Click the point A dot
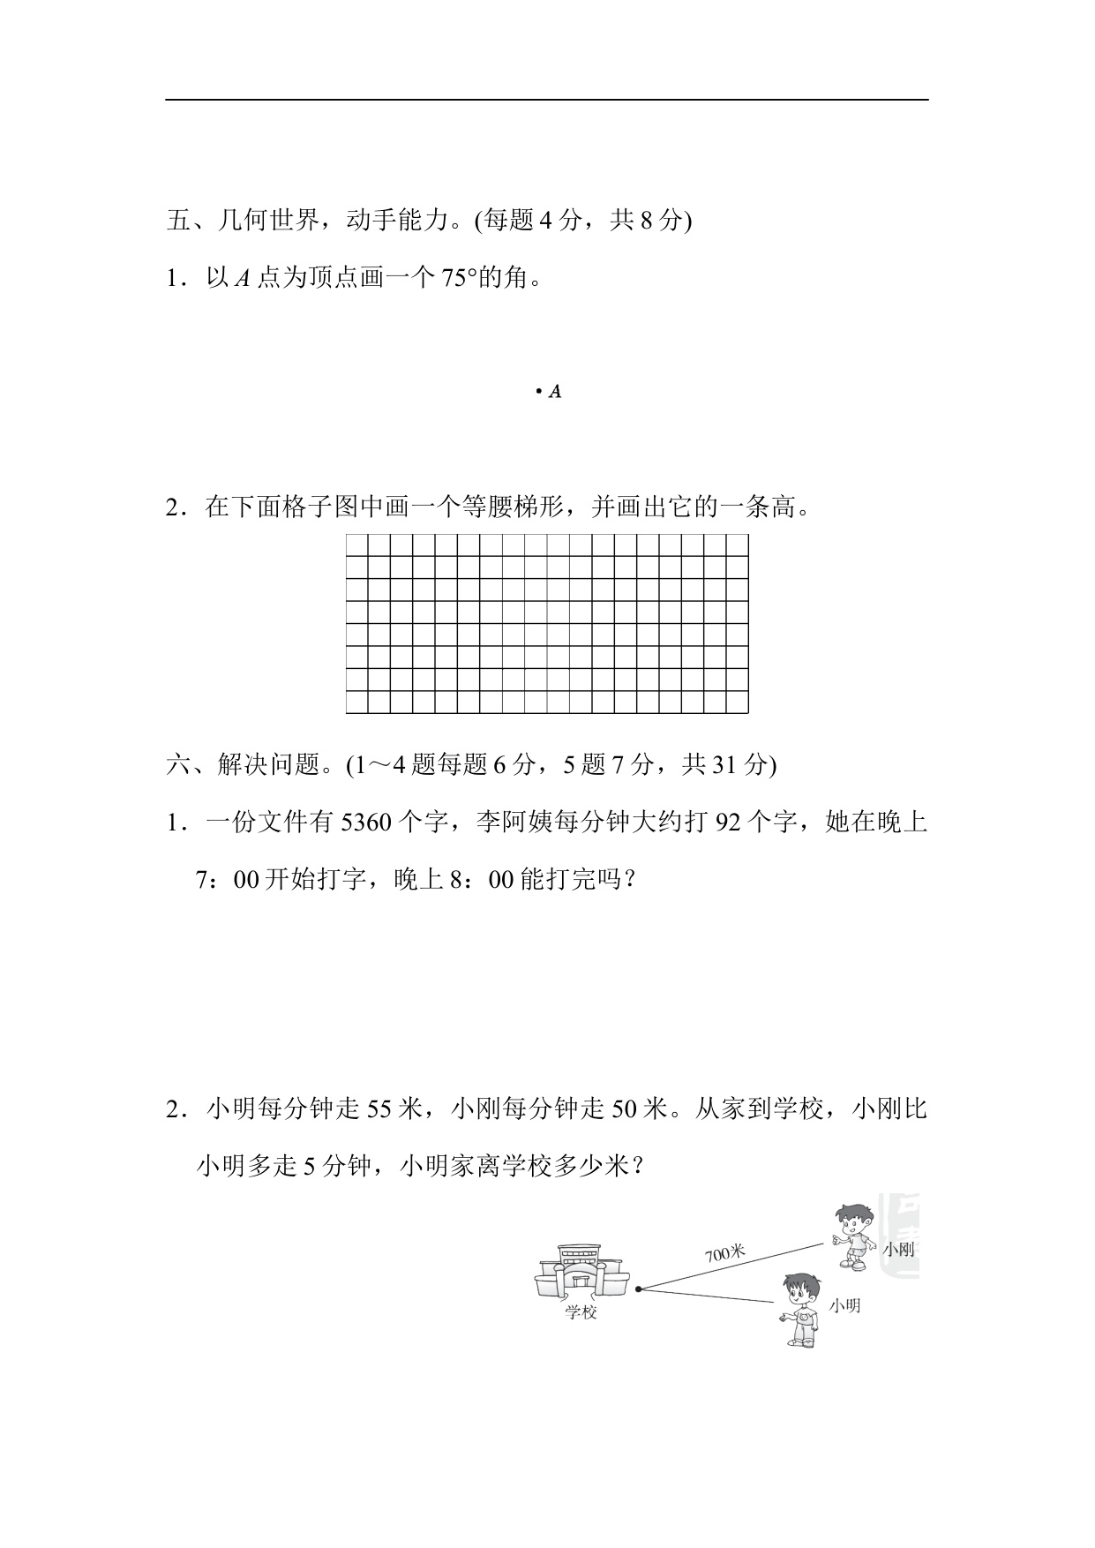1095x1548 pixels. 538,391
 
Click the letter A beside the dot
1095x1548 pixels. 555,392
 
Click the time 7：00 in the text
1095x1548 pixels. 226,880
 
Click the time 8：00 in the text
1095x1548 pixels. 484,880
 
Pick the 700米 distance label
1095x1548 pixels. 725,1252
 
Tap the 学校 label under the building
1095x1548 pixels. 581,1312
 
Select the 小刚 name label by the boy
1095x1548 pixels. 898,1249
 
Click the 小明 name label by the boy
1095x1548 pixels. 844,1305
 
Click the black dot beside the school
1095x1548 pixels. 638,1289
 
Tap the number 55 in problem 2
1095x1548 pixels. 379,1108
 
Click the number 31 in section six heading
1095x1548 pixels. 724,764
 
